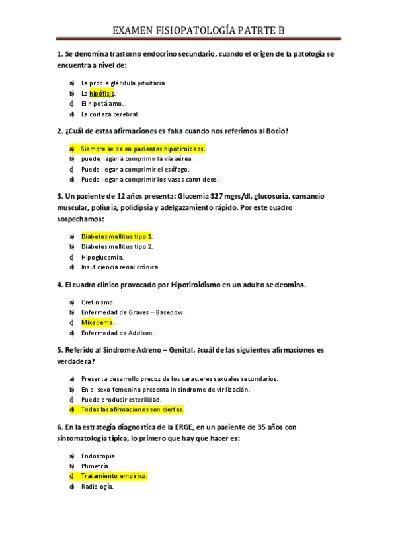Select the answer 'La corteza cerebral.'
(110, 114)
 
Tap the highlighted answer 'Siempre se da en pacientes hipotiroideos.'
(143, 149)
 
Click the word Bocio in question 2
(277, 131)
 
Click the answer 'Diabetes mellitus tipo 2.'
(117, 246)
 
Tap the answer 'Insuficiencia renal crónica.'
(120, 267)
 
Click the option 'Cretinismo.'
(98, 302)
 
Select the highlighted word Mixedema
(97, 322)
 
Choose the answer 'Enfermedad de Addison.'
(117, 333)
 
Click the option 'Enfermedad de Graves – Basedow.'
(133, 312)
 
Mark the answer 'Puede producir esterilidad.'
(121, 400)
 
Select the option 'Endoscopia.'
(99, 456)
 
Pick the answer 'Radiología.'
(98, 487)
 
